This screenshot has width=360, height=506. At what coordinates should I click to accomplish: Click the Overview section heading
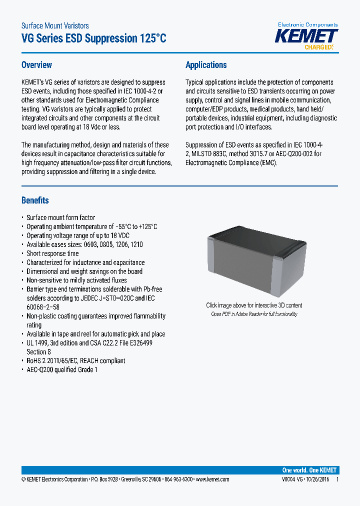36,65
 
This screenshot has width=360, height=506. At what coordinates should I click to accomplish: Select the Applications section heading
206,65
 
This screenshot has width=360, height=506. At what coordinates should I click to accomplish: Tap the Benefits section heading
35,200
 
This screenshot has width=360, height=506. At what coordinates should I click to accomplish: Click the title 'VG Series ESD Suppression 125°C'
93,38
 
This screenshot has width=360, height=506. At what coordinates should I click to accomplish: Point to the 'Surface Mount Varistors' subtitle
55,25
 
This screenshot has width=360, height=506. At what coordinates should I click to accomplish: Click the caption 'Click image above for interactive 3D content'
254,305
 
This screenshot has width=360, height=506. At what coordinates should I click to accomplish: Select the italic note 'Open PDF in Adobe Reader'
254,314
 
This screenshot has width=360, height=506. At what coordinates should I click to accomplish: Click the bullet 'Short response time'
52,253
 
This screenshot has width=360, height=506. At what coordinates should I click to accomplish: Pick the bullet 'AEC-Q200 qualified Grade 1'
62,369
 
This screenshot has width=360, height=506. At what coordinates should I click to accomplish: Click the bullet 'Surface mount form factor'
60,217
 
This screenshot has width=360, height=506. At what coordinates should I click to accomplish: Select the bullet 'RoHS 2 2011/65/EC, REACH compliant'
75,360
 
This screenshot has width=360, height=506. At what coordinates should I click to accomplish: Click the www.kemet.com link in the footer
212,479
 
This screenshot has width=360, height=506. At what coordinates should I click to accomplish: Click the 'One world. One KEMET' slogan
309,470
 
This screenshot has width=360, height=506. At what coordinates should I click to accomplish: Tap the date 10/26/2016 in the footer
317,479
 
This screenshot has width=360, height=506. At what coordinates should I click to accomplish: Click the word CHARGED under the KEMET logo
318,47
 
